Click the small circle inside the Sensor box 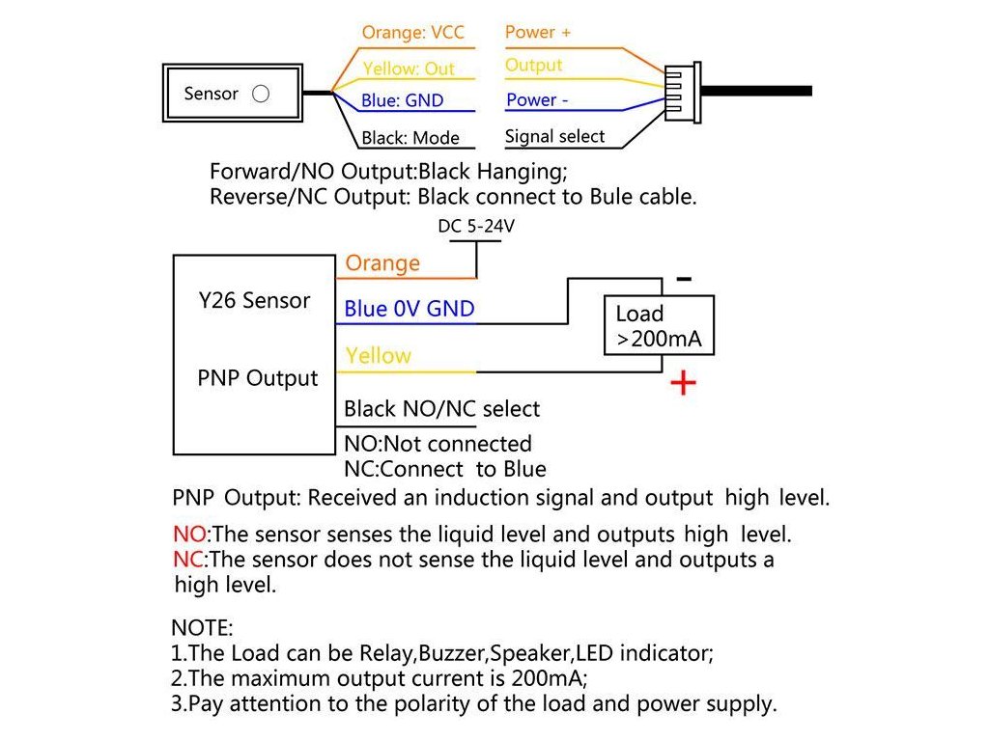point(260,95)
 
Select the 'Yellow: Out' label point(409,69)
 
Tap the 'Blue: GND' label point(403,101)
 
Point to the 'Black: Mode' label point(410,138)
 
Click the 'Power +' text point(538,32)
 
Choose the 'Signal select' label point(554,136)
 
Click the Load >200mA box point(659,326)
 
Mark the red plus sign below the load point(683,383)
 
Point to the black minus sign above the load point(684,279)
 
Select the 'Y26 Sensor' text point(255,300)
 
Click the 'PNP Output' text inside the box point(257,378)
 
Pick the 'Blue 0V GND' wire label point(410,310)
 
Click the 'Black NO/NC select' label point(441,409)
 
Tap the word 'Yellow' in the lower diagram point(378,356)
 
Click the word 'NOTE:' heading point(202,629)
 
